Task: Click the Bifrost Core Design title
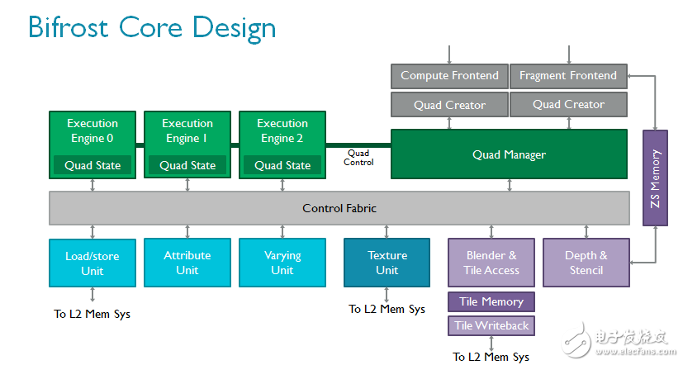coord(152,27)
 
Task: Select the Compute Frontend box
coord(449,76)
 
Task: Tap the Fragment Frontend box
coord(568,76)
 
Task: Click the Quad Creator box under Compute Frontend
coord(449,105)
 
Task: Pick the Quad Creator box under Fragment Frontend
coord(568,105)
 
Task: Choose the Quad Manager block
coord(509,154)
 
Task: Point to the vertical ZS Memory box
coord(656,178)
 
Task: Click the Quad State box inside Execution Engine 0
coord(92,165)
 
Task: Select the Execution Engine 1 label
coord(187,130)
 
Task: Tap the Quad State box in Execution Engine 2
coord(282,165)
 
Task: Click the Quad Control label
coord(358,158)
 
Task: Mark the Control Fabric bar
coord(339,208)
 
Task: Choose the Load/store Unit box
coord(92,263)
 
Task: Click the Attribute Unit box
coord(187,263)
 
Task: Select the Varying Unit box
coord(282,263)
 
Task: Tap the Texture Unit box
coord(387,263)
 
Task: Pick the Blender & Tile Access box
coord(491,263)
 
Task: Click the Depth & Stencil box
coord(586,263)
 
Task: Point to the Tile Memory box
coord(491,302)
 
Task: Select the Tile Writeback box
coord(491,325)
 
